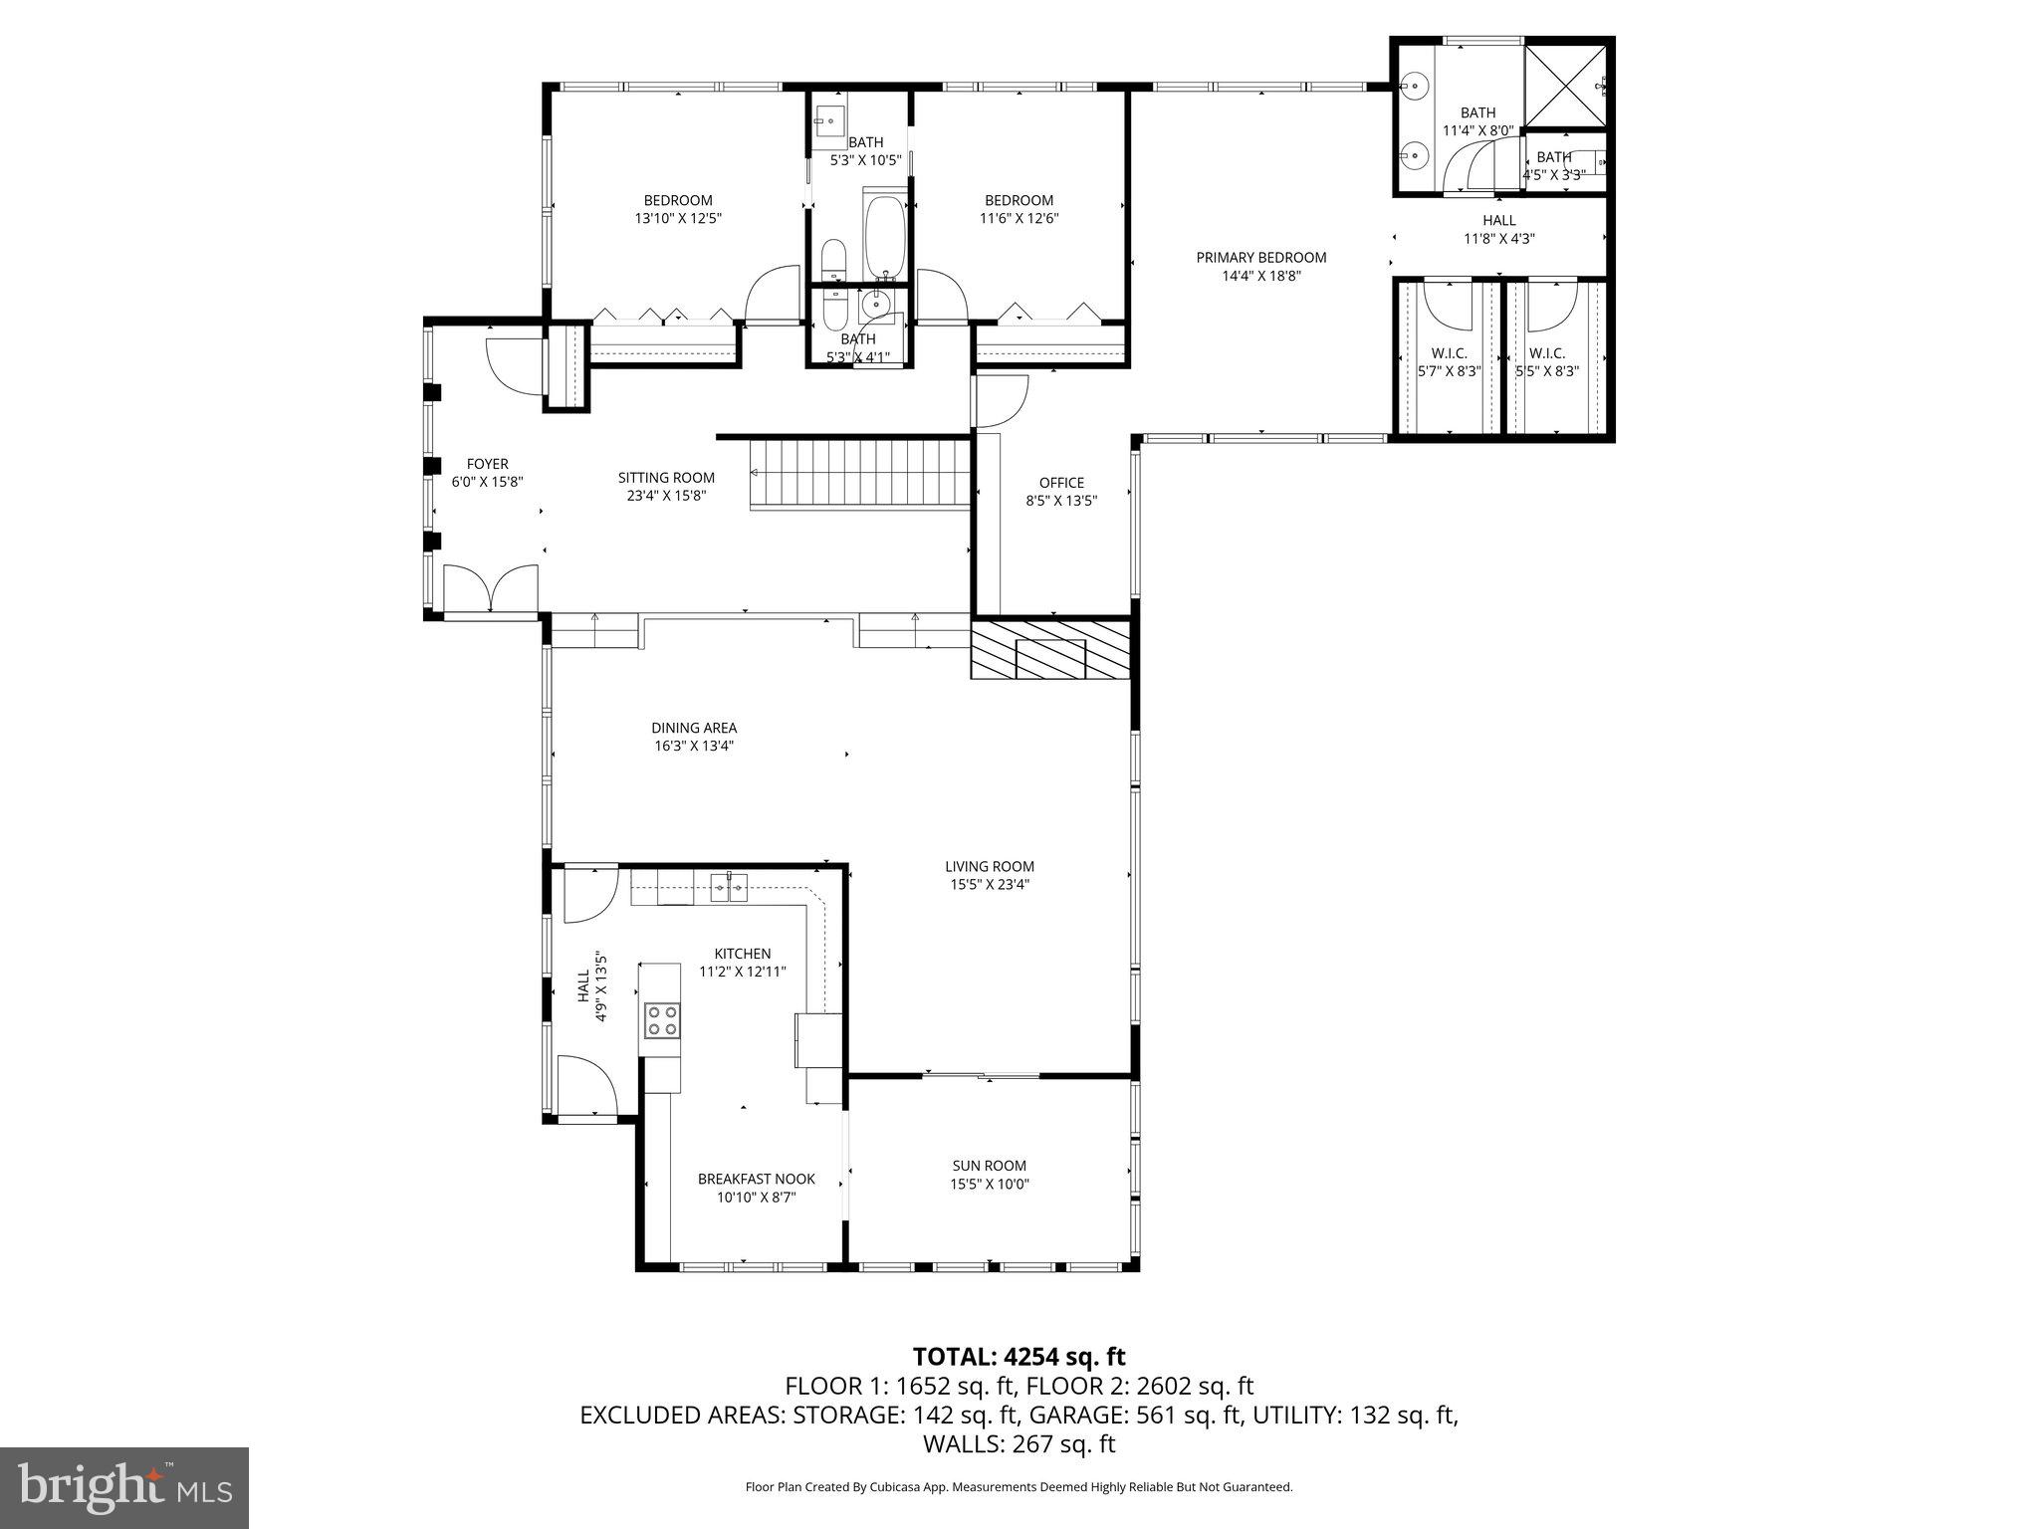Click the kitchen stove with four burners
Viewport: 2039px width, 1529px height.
click(x=662, y=1019)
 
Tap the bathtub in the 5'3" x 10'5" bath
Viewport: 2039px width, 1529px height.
click(x=884, y=238)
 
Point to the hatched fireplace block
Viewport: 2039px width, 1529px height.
click(x=1051, y=650)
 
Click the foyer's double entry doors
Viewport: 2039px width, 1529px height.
click(x=491, y=589)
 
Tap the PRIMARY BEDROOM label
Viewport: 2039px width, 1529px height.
click(x=1260, y=258)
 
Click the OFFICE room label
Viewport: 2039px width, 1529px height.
click(x=1061, y=483)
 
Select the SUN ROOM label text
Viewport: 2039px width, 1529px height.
click(x=989, y=1166)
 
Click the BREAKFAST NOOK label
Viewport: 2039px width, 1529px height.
click(x=756, y=1179)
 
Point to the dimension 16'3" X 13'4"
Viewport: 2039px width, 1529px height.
click(x=694, y=746)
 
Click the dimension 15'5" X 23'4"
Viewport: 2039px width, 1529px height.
click(x=989, y=884)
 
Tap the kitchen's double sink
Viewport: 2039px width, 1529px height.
click(x=729, y=886)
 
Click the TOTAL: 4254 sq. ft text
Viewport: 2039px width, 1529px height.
click(x=1019, y=1357)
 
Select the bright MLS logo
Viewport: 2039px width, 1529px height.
click(x=124, y=1488)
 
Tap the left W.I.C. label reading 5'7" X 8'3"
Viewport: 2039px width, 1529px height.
click(x=1449, y=363)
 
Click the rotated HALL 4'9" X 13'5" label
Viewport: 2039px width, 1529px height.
click(x=591, y=988)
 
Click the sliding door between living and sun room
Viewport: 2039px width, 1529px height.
click(x=982, y=1076)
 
